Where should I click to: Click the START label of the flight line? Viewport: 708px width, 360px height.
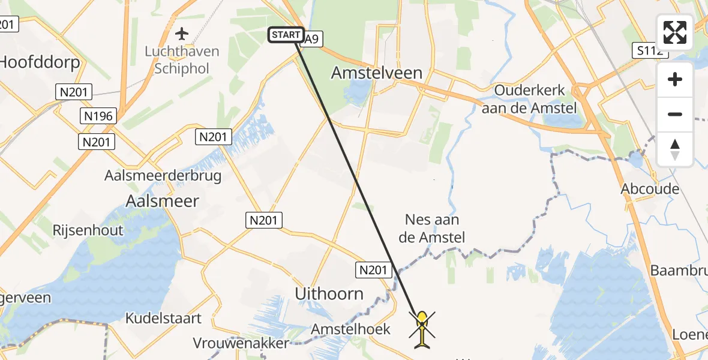point(286,35)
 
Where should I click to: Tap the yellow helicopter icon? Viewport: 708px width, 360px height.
point(423,329)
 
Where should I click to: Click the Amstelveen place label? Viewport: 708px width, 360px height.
point(377,73)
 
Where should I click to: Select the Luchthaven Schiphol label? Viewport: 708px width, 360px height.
point(182,60)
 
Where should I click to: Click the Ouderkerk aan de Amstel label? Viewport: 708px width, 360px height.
point(529,100)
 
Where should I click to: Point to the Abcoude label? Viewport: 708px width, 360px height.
point(650,189)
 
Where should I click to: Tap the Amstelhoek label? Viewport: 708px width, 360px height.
point(350,329)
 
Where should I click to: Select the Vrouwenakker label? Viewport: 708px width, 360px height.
point(241,343)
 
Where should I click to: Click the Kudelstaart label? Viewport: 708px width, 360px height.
point(163,318)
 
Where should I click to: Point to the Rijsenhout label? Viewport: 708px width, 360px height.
point(88,230)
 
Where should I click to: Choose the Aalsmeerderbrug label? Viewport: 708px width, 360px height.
point(163,176)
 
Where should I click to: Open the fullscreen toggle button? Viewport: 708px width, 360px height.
point(675,32)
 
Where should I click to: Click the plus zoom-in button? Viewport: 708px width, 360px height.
point(675,79)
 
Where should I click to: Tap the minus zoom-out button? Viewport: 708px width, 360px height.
point(675,114)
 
